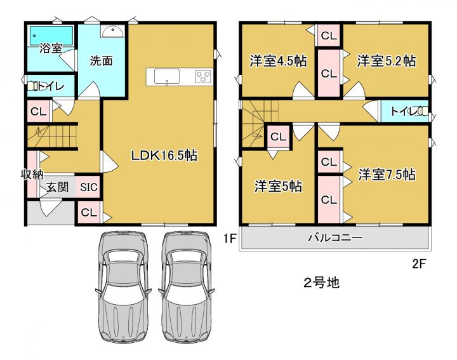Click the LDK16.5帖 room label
[164, 156]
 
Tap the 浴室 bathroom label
[51, 48]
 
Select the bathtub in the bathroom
[51, 36]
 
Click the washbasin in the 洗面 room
[112, 31]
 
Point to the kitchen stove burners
[203, 77]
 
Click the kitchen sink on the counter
[167, 77]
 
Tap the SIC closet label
[89, 187]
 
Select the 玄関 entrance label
[58, 187]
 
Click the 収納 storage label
[32, 175]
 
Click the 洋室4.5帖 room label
[278, 61]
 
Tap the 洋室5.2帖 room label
[387, 61]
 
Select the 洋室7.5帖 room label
[387, 175]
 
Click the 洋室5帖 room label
[278, 186]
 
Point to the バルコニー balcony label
[336, 238]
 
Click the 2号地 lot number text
[322, 283]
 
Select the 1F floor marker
[229, 239]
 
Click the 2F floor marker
[420, 263]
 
